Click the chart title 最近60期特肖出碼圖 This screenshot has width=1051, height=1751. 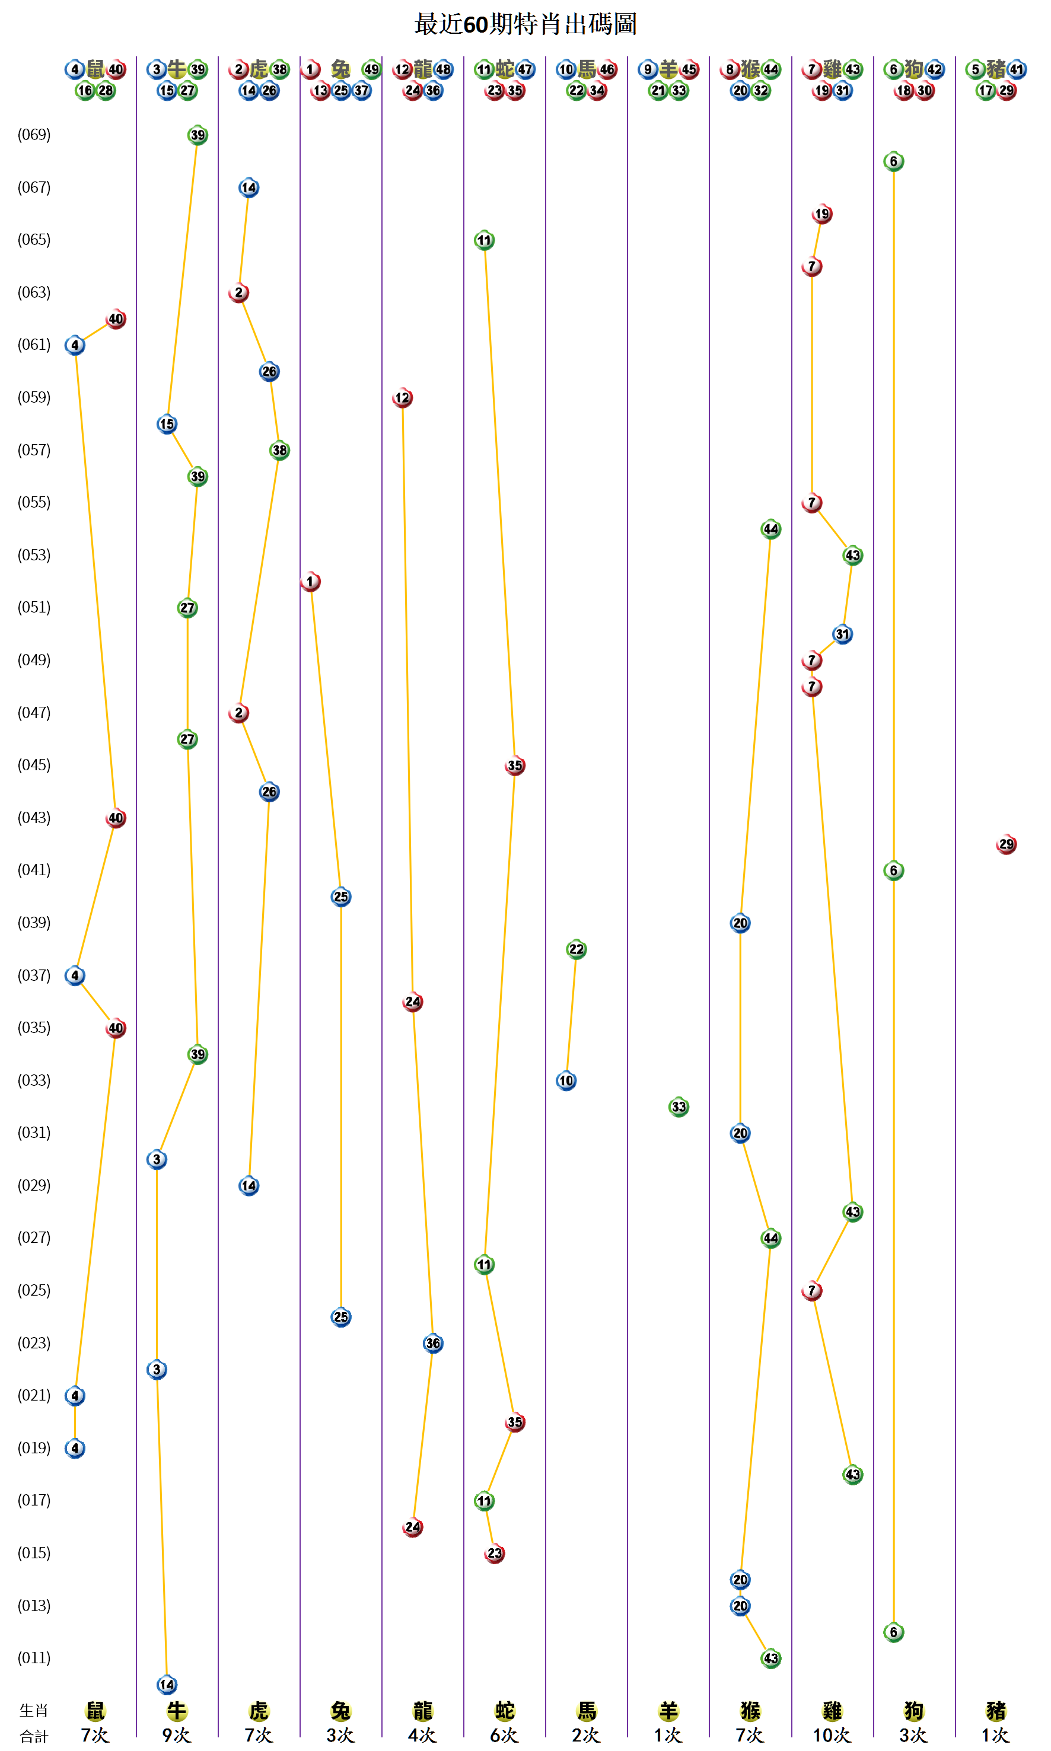coord(525,24)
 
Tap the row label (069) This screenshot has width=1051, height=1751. coord(34,135)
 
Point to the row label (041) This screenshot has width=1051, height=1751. coord(34,869)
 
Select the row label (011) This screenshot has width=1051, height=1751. coord(34,1657)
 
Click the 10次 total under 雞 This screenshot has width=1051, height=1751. coord(832,1735)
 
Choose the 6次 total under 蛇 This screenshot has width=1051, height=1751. coord(504,1735)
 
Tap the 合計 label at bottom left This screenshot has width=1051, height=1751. coord(33,1736)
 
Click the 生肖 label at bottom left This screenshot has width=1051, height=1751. coord(33,1711)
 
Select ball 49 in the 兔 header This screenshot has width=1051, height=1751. coord(371,69)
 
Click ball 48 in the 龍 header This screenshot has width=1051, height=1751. coord(443,69)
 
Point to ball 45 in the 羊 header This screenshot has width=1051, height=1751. coord(689,69)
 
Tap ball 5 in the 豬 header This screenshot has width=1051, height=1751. coord(975,69)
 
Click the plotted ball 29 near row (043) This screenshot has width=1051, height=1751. coord(1006,844)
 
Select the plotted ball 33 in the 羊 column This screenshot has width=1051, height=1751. coord(679,1106)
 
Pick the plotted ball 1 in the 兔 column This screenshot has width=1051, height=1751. coord(310,581)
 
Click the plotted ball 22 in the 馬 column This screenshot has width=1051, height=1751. coord(577,949)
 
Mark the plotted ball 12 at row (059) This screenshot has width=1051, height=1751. coord(402,398)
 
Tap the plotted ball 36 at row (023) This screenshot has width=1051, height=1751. coord(433,1343)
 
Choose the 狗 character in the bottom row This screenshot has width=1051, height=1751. coord(913,1711)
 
